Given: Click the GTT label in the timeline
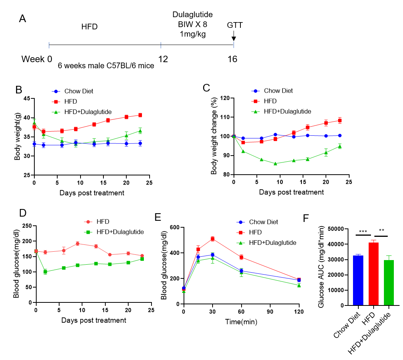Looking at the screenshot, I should coord(235,25).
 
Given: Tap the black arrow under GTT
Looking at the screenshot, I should coord(234,38).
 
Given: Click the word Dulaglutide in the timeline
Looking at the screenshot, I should coord(192,15).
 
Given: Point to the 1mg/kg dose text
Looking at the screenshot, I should coord(192,34).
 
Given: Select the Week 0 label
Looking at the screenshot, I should coord(37,59).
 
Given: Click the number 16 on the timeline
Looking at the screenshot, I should coord(232,59).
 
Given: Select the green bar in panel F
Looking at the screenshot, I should coord(389,283).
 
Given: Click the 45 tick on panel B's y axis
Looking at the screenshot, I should coord(27,98).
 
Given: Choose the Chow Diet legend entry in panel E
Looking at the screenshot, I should coord(263,222).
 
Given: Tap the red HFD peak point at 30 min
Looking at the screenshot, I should coord(213,239).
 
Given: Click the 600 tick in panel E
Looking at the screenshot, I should coord(174,227).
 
